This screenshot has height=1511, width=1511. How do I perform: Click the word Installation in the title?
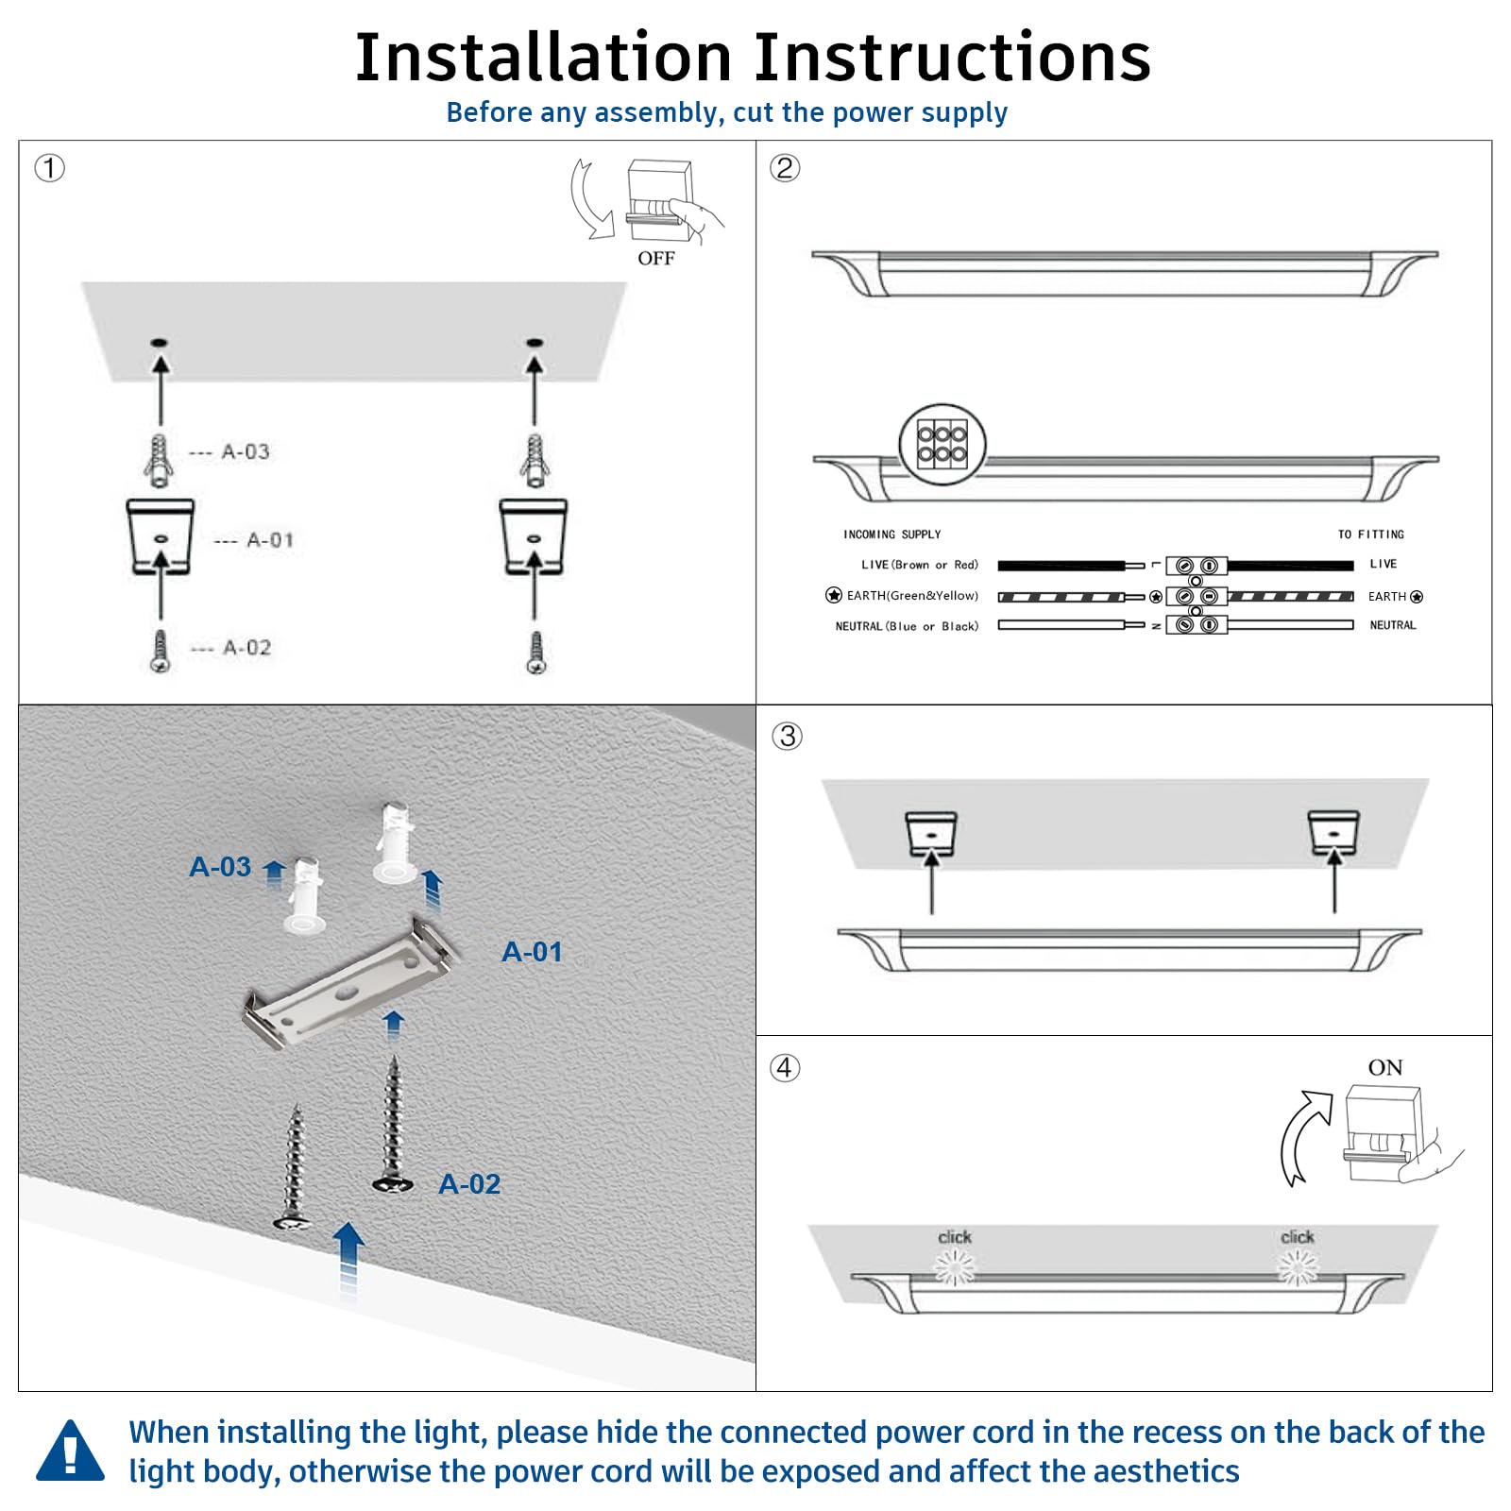coord(543,59)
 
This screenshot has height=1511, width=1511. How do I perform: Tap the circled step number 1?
coord(49,169)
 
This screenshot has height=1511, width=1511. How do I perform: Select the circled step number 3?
coord(787,736)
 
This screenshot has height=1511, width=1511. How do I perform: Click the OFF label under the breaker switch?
coord(655,259)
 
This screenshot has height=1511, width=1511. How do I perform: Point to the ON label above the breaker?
coord(1384,1068)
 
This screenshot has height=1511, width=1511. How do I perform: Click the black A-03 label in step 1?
coord(246,452)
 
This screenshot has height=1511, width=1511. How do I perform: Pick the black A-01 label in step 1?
coord(270,540)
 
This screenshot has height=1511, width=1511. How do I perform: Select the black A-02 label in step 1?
coord(246,648)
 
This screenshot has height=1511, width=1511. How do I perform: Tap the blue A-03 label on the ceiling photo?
coord(220,867)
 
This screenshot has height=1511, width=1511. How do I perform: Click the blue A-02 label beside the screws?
coord(469,1184)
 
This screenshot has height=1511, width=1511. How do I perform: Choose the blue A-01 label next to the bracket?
coord(532,952)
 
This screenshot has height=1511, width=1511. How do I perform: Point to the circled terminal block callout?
coord(942,445)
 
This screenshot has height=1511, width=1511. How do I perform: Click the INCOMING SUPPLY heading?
coord(891,535)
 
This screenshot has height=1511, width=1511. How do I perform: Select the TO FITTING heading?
coord(1370,535)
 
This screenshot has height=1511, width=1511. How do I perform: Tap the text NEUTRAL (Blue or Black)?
coord(907,626)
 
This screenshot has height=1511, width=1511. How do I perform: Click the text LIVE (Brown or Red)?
coord(919,565)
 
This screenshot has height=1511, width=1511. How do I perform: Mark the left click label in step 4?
coord(954,1237)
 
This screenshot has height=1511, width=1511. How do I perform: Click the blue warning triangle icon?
coord(70,1452)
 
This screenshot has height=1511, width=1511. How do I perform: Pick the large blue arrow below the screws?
coord(348,1256)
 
